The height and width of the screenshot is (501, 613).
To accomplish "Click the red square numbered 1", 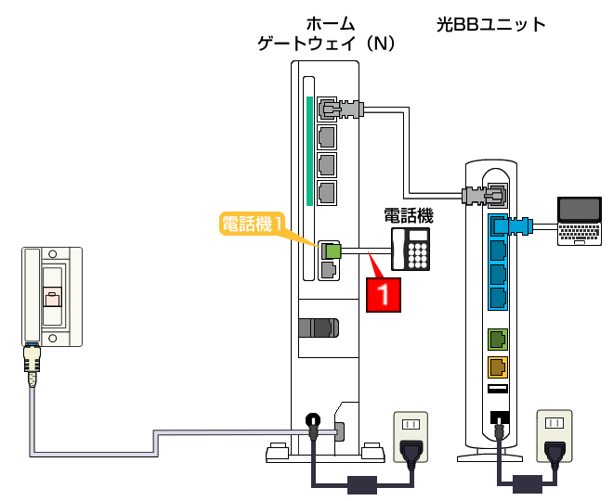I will click(x=388, y=295).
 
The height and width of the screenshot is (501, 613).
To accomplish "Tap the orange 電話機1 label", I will click(x=251, y=224).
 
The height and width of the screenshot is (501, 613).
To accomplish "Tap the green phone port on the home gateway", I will click(x=328, y=250).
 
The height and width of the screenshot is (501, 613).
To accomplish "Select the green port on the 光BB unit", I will click(x=497, y=339).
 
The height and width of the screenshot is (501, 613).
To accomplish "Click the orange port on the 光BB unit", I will click(x=497, y=366).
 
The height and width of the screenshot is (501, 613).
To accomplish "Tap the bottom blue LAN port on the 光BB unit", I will click(x=497, y=298).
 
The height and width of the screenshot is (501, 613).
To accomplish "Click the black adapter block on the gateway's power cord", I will click(x=359, y=483).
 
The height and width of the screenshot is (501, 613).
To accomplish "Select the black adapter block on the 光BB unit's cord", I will click(x=528, y=483).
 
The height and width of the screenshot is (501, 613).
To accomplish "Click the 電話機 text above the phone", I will click(x=410, y=215).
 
